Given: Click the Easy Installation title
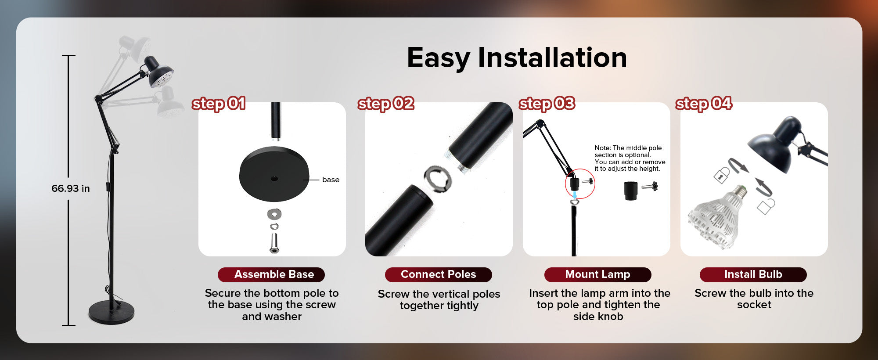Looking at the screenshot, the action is tap(517, 58).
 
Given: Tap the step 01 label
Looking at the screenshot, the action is tap(218, 104).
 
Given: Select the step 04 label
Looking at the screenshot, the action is tap(704, 104).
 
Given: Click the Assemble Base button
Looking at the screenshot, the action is tap(271, 274).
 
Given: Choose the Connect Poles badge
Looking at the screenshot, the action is tap(439, 274).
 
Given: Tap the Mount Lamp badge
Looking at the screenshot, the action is tap(598, 274).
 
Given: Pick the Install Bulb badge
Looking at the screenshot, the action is tap(753, 274).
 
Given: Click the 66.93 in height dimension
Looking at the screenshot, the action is tap(71, 188).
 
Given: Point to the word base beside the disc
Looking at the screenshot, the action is tap(331, 180).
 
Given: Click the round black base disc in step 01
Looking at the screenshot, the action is tap(274, 174).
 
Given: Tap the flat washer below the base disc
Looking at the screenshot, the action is tap(274, 214).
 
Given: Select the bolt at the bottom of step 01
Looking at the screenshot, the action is tap(274, 243).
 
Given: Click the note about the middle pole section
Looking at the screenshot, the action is tap(630, 158).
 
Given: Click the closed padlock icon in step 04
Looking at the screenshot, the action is tap(721, 176).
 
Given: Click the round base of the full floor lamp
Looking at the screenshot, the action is tap(112, 313).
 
